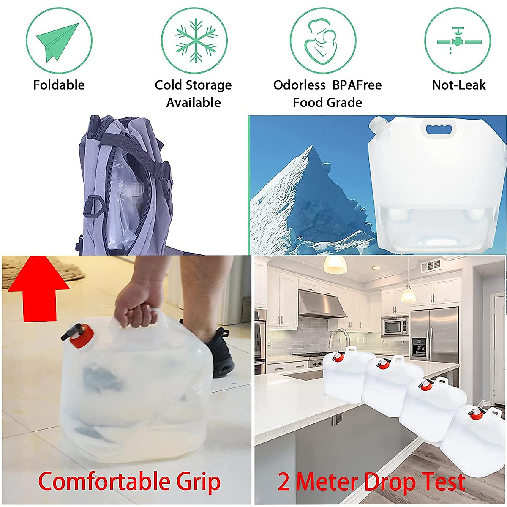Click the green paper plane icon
pos(58,41)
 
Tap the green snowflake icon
pos(194,41)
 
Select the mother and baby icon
pos(322,41)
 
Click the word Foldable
pos(59,85)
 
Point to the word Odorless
pos(299,85)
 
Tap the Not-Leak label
pos(459,85)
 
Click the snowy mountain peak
pos(313,169)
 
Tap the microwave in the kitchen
pos(395,326)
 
